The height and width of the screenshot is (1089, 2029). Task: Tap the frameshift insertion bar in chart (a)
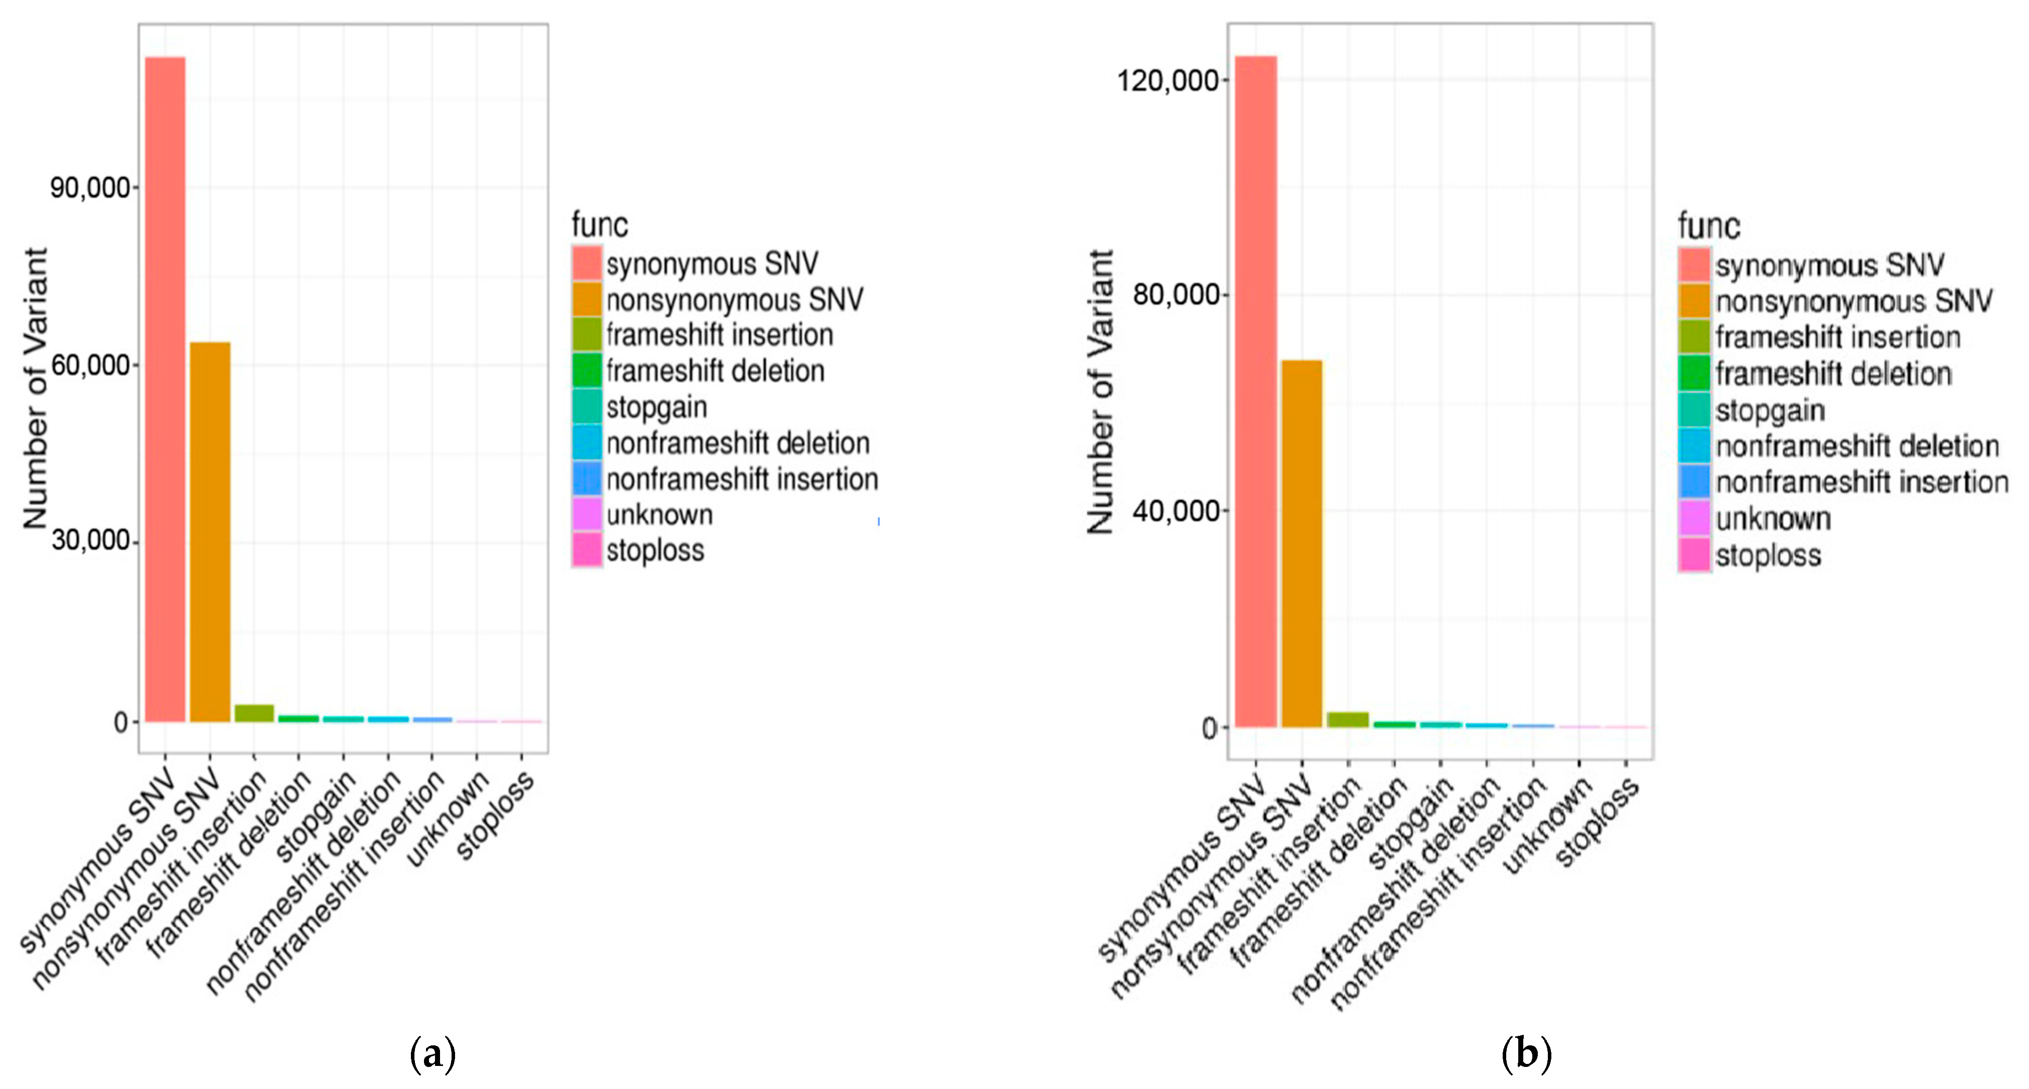pos(254,713)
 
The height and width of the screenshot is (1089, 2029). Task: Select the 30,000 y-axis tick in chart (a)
pos(89,541)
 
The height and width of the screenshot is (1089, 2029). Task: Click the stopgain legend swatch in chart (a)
pos(588,407)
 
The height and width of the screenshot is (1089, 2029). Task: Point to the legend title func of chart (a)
pos(600,225)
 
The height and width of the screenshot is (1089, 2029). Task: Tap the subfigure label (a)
pos(432,1053)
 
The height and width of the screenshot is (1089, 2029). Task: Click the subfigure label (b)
pos(1526,1053)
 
